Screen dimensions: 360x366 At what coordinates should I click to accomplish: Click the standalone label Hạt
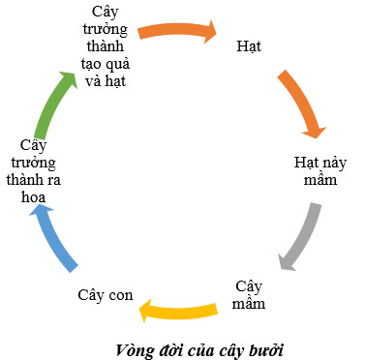point(249,46)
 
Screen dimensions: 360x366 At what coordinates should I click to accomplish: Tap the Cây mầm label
point(249,294)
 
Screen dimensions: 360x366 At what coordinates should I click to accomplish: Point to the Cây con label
point(106,294)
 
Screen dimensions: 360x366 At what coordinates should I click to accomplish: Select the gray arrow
point(299,236)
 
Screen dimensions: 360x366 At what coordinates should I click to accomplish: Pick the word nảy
point(331,160)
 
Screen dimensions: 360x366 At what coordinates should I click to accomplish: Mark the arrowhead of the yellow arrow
point(147,310)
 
